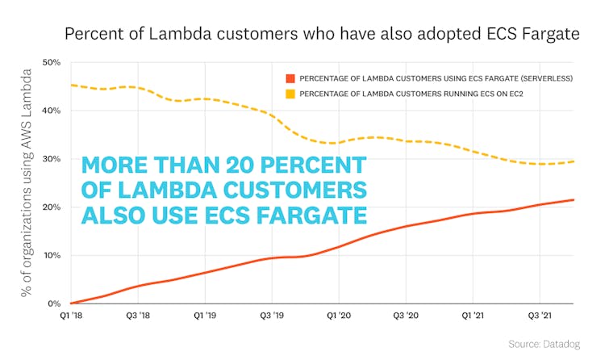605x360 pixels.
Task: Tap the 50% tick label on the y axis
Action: (x=52, y=62)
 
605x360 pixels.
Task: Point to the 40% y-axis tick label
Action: (x=52, y=111)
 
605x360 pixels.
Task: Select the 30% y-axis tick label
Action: (x=52, y=159)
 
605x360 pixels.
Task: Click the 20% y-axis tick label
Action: (x=52, y=207)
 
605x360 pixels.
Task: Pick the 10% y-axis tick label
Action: (x=52, y=256)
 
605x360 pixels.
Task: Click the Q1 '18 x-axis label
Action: (x=71, y=316)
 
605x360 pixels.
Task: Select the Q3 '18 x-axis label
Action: (x=138, y=316)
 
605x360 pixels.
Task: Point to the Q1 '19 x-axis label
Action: (x=205, y=316)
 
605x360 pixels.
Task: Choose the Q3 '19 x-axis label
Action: (x=272, y=316)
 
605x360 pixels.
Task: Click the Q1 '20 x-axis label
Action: (x=339, y=316)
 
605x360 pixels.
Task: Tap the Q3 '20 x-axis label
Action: (x=406, y=316)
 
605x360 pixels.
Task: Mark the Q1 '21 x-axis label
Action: (x=472, y=316)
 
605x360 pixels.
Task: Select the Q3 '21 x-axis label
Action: (x=539, y=316)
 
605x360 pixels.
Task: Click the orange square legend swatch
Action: (x=290, y=78)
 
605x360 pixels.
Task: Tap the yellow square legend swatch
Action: (x=290, y=94)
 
